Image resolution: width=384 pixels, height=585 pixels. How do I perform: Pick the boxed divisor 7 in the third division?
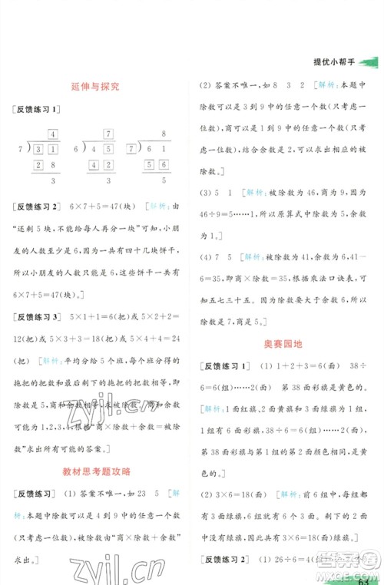[137, 149]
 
